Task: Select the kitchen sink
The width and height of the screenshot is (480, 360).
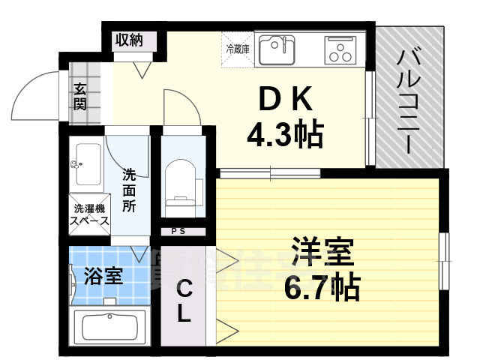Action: (277, 50)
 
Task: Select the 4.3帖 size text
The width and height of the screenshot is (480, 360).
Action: (285, 134)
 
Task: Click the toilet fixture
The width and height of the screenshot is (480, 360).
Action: (179, 181)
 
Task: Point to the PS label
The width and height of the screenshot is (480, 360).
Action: (178, 231)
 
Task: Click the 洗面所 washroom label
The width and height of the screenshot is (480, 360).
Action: (129, 190)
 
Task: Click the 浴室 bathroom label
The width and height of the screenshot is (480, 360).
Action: (103, 276)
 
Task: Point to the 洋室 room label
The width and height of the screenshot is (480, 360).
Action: (322, 252)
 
